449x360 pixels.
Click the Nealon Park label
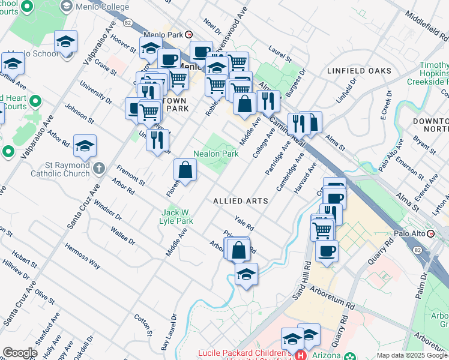click(216, 154)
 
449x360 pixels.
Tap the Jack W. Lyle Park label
click(176, 217)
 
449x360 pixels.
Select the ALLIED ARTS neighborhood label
click(240, 201)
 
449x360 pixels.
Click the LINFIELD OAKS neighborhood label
click(359, 71)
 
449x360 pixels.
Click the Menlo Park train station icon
click(188, 35)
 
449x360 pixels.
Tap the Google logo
click(19, 352)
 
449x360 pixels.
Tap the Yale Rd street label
click(244, 224)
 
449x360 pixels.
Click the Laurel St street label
click(280, 55)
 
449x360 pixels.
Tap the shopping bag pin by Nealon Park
click(185, 170)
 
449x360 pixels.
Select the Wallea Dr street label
click(123, 235)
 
